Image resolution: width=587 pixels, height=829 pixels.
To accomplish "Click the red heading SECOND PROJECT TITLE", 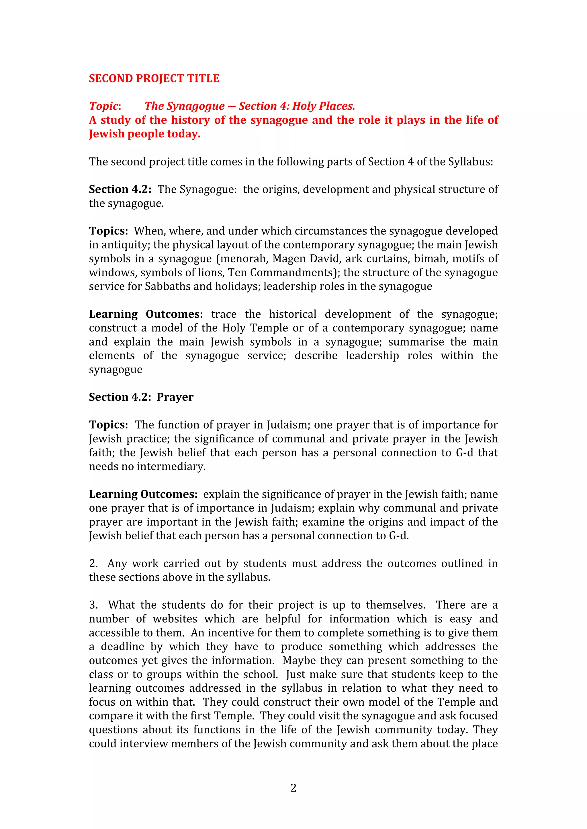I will (154, 78).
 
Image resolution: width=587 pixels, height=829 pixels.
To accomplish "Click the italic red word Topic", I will (104, 106).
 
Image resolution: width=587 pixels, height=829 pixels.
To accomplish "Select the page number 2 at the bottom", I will (293, 787).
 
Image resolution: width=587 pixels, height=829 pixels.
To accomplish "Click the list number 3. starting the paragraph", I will (93, 605).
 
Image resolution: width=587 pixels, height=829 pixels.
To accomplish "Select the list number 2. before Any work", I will (93, 564).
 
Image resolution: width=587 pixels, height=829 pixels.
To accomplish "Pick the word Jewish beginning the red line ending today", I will (107, 134).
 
